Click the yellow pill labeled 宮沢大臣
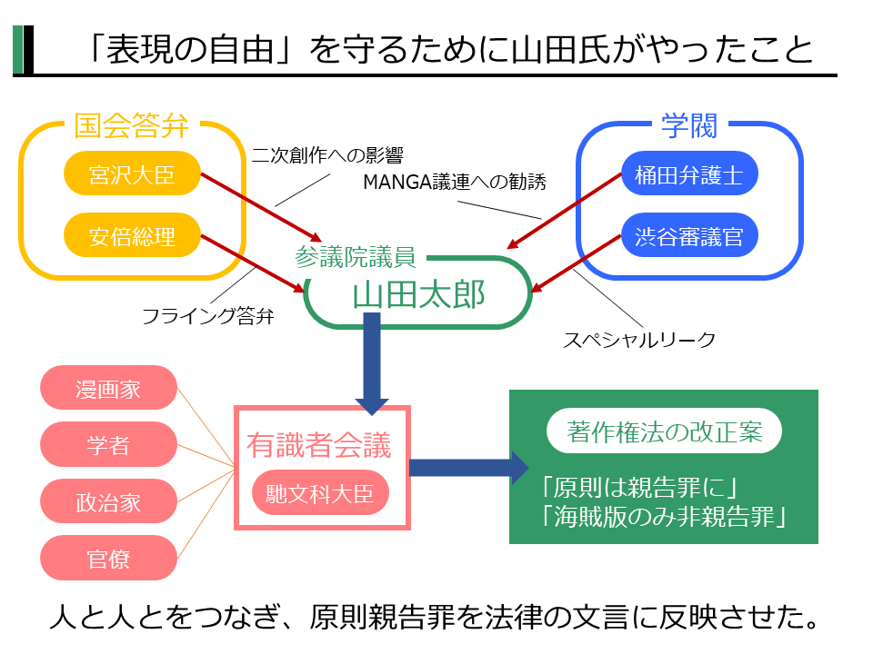click(132, 173)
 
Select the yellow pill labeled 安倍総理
click(132, 237)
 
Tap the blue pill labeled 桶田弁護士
click(689, 173)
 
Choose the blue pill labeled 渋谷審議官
click(689, 237)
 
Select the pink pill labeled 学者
click(108, 445)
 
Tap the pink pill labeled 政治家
click(108, 501)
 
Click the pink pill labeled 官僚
click(108, 558)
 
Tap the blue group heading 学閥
click(688, 125)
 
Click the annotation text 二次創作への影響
click(326, 154)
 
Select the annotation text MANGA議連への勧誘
click(455, 182)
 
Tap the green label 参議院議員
click(356, 257)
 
